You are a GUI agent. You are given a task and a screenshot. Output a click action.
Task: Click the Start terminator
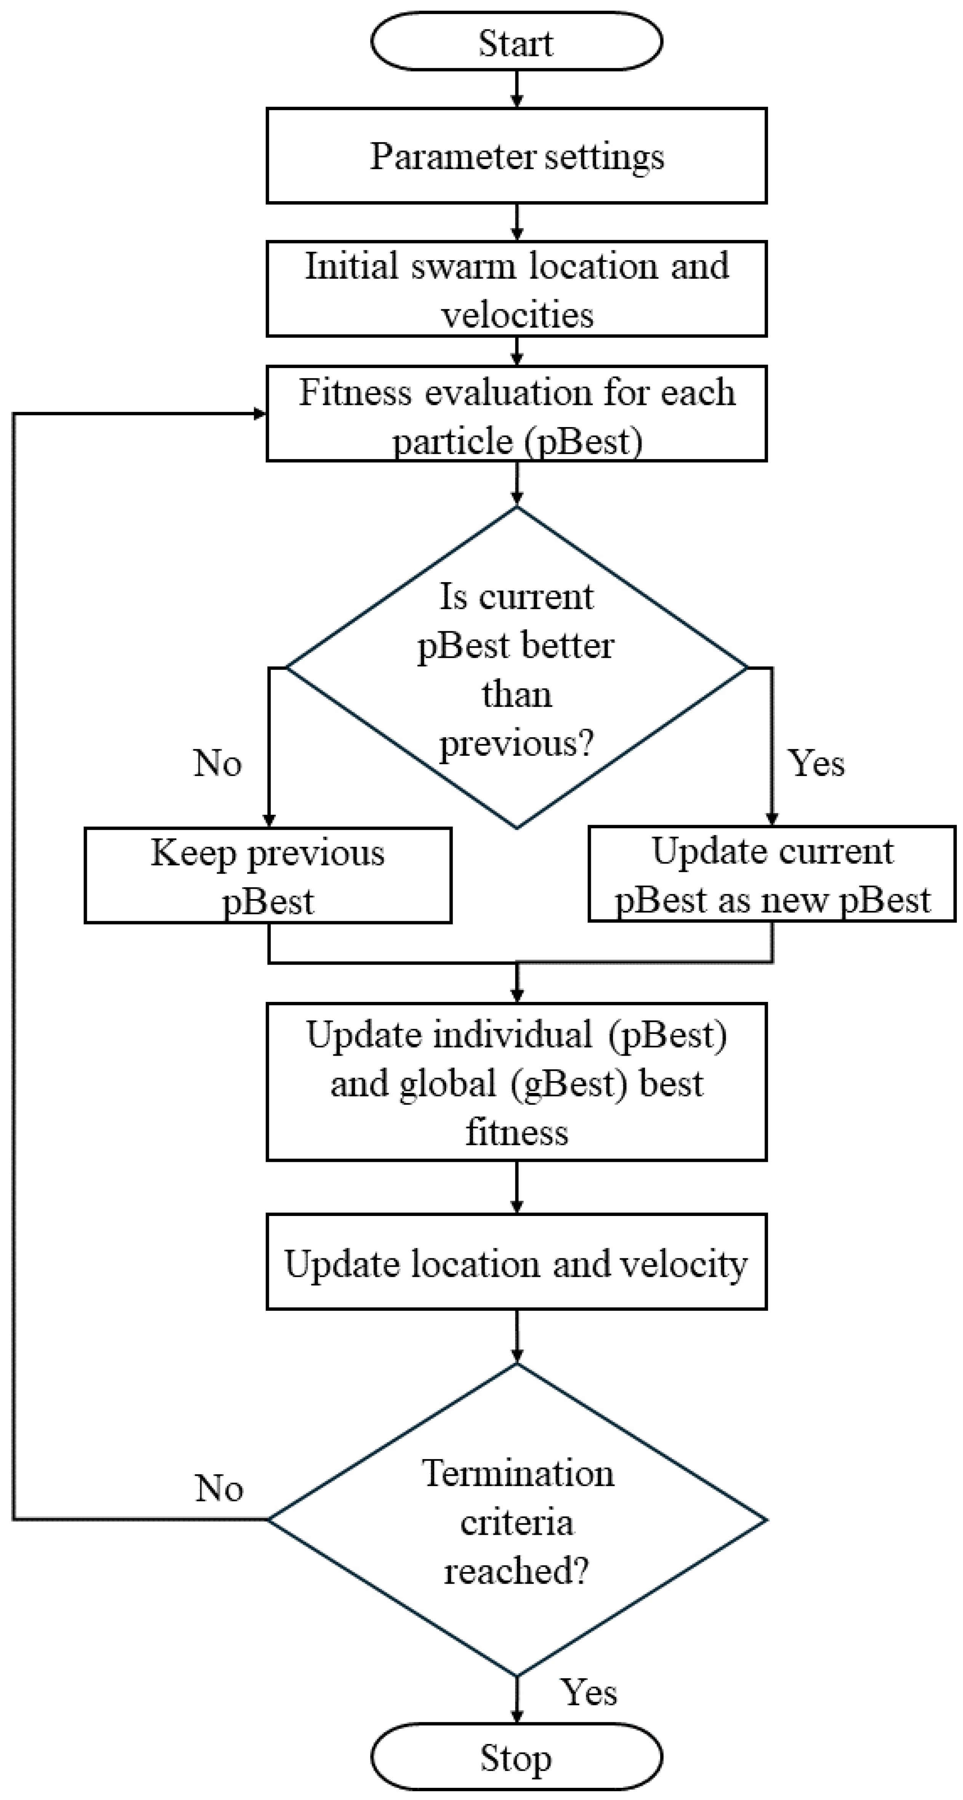pos(516,42)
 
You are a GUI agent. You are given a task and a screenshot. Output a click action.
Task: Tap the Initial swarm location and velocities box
pos(516,289)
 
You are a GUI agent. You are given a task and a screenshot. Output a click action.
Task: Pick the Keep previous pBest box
pos(268,875)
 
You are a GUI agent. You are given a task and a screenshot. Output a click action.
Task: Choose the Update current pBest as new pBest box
pos(771,875)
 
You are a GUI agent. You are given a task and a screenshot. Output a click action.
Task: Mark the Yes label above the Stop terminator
pos(589,1693)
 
